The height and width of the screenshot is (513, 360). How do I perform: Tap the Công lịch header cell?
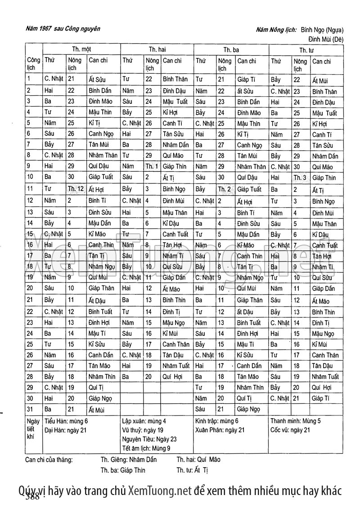33,64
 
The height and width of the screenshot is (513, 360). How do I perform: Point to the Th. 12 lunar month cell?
76,189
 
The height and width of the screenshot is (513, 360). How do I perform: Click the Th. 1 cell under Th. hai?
152,167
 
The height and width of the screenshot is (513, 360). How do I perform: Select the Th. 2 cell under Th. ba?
225,189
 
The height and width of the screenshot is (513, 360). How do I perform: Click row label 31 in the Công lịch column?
30,409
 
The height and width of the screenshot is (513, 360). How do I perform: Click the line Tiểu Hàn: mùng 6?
66,422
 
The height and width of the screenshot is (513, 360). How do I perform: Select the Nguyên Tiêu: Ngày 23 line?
149,439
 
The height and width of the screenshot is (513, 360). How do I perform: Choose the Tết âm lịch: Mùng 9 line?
146,448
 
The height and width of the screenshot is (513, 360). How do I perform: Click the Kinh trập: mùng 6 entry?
217,422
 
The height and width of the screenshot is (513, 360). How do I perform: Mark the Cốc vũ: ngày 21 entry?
290,430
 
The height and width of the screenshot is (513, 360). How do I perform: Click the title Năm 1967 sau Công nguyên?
63,29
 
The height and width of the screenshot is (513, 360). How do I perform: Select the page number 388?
33,496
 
